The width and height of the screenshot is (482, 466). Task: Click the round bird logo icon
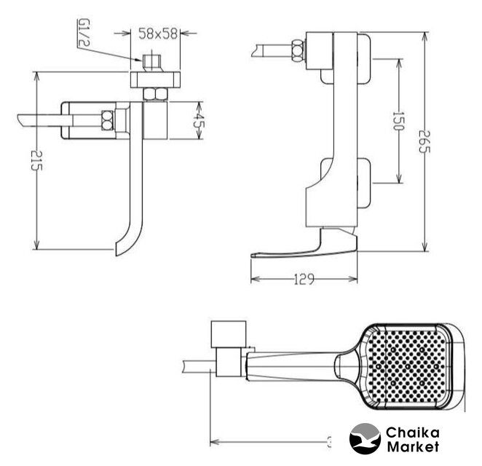coord(366,439)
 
